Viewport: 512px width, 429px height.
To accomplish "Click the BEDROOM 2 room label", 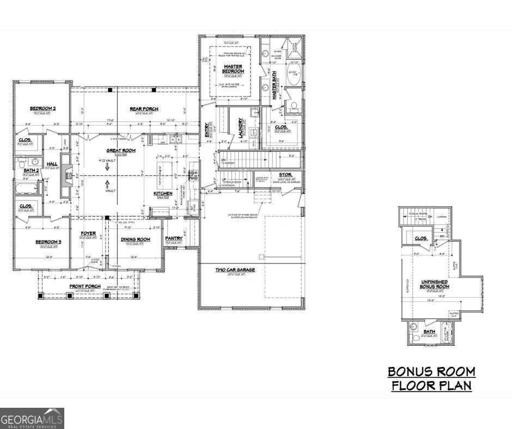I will tap(42, 109).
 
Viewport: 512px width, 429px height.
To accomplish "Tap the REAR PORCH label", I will tap(144, 109).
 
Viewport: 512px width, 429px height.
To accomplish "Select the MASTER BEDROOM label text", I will tap(233, 69).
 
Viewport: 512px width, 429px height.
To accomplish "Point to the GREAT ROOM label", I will tap(120, 150).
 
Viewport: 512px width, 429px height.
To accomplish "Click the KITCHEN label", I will tap(163, 193).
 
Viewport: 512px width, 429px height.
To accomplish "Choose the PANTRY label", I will tap(173, 238).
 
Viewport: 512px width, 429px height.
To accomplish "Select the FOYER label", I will tap(88, 234).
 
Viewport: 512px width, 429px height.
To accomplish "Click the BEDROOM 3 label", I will tap(48, 242).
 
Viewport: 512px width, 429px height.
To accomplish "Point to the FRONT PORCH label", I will tap(84, 286).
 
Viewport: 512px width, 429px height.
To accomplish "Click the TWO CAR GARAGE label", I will tap(235, 269).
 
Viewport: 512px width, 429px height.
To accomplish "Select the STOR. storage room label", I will tap(285, 175).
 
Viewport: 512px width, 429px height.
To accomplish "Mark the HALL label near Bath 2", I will tap(52, 163).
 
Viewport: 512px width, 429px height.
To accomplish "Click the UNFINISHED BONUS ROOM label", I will tap(435, 284).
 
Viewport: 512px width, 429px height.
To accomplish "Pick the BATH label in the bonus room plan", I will tap(430, 332).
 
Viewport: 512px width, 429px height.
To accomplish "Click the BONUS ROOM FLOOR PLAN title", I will tap(431, 379).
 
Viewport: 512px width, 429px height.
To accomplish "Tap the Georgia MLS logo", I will tap(32, 419).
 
